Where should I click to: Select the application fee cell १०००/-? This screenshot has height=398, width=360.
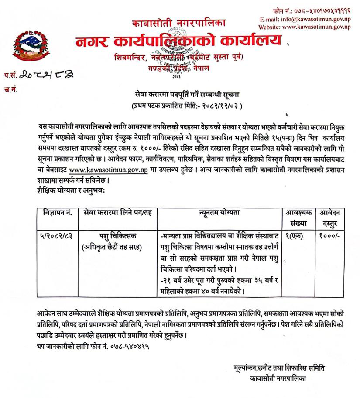pos(333,235)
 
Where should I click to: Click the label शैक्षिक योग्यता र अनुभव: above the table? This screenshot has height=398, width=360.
pos(71,190)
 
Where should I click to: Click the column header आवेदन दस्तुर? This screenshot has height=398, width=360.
pos(333,217)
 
